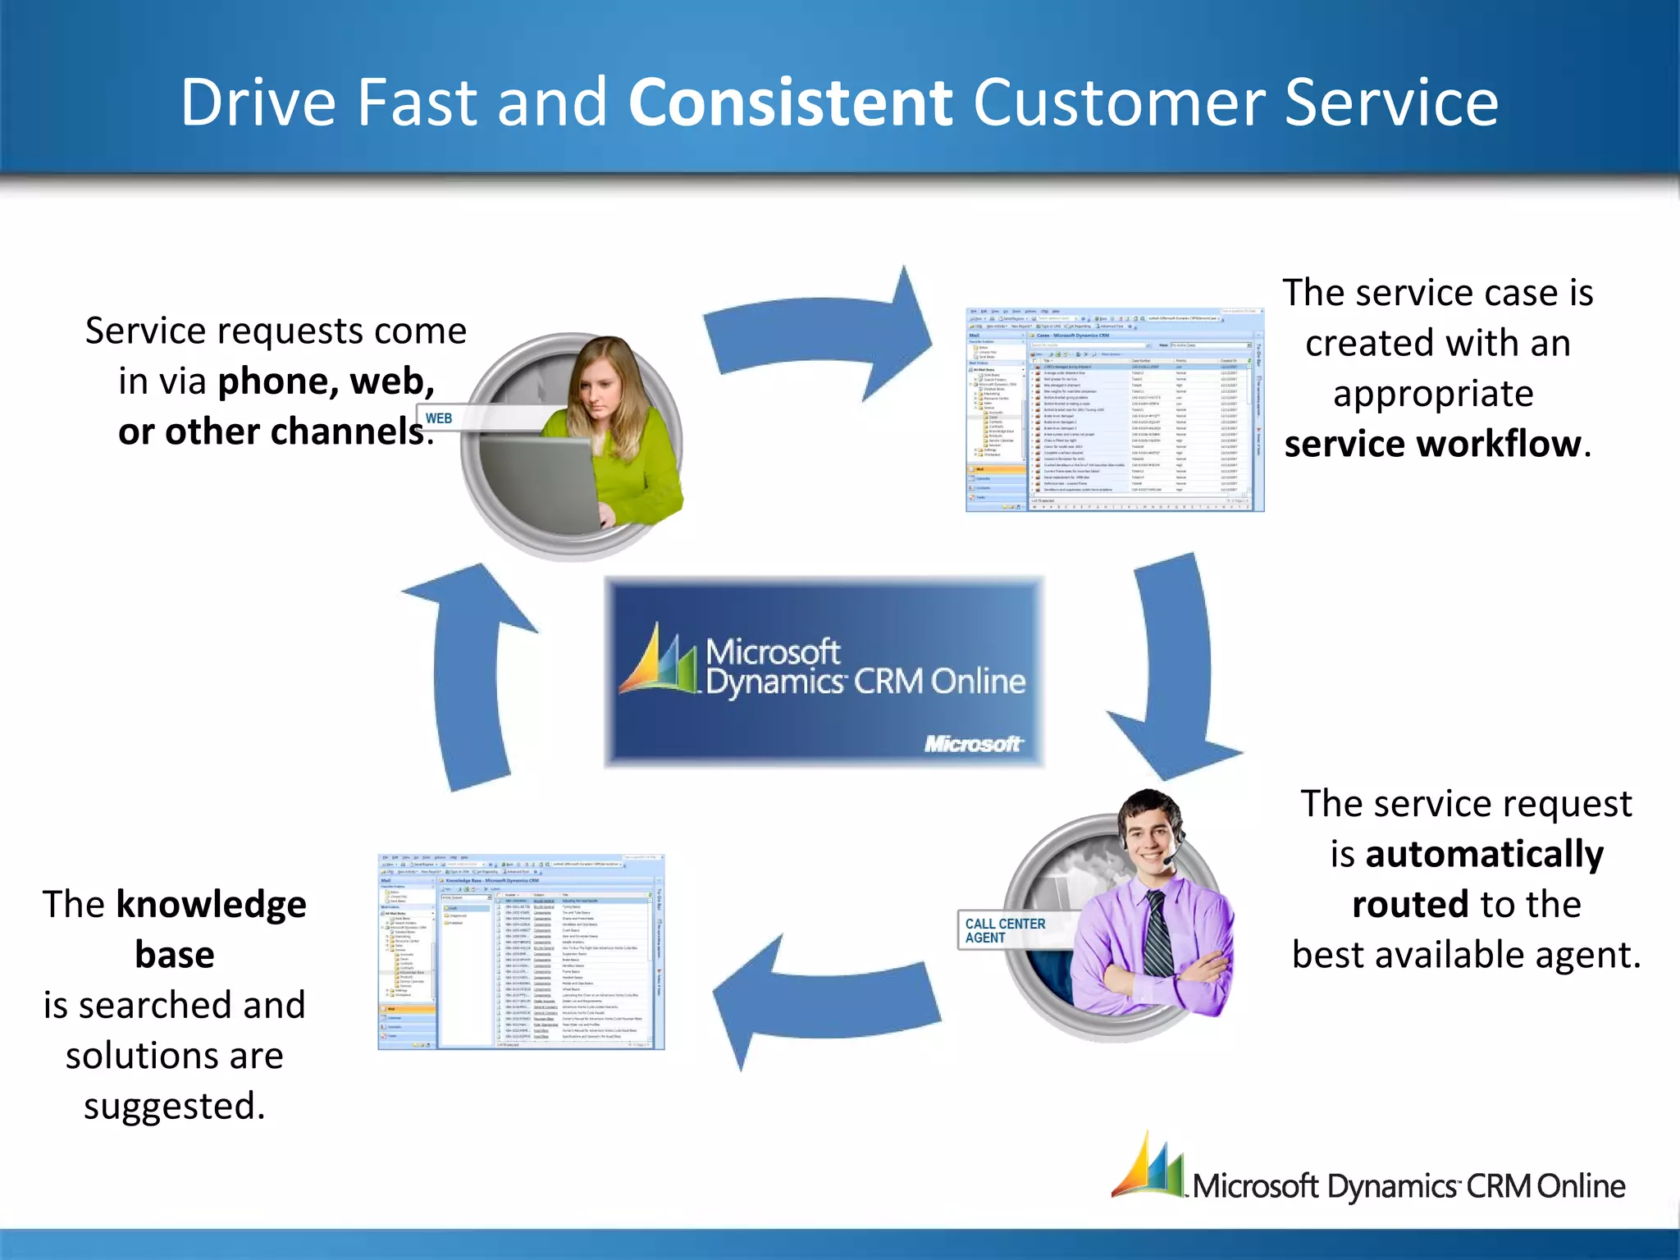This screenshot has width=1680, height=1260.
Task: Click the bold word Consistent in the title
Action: coord(789,102)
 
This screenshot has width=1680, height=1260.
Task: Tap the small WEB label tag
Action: coord(438,418)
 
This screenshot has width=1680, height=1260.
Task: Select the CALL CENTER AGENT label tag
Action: coord(1005,930)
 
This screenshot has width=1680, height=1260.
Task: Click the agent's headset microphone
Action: coord(1168,861)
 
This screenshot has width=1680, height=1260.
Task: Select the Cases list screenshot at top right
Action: coord(1114,410)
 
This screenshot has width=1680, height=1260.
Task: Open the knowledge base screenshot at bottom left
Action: coord(521,952)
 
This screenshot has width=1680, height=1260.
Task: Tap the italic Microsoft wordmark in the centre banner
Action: coord(973,743)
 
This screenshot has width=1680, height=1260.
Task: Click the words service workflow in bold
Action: coord(1432,444)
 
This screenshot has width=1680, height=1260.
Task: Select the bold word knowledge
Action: coord(211,904)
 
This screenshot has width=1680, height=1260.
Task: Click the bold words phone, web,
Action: coord(326,381)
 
